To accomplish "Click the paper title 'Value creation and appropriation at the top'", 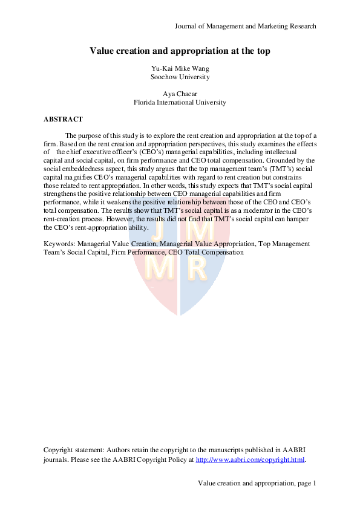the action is pyautogui.click(x=180, y=51).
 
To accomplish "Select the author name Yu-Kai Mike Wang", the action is pyautogui.click(x=180, y=68).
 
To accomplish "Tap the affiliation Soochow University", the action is pyautogui.click(x=180, y=77).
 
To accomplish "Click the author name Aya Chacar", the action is pyautogui.click(x=180, y=94).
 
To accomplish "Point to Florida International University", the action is pyautogui.click(x=180, y=102).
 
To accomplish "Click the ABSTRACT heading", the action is pyautogui.click(x=64, y=119).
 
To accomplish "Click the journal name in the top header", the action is pyautogui.click(x=245, y=26).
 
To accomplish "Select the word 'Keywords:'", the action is pyautogui.click(x=60, y=244).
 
